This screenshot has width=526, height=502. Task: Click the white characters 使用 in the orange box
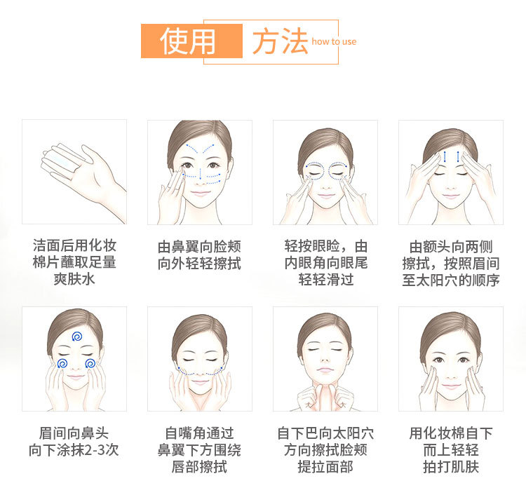(x=188, y=41)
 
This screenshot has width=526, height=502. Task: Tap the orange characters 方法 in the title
(x=280, y=41)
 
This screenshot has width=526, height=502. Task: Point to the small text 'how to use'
(x=334, y=41)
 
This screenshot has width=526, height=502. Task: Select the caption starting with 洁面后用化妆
(x=74, y=262)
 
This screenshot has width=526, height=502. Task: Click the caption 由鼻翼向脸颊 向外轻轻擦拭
(x=200, y=255)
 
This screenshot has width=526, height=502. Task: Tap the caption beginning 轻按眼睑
(x=325, y=263)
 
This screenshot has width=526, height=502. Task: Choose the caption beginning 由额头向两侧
(x=451, y=263)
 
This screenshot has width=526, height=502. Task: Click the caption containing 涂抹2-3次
(x=74, y=441)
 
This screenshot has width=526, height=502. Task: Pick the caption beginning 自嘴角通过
(x=199, y=449)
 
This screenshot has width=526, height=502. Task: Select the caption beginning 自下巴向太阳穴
(x=325, y=449)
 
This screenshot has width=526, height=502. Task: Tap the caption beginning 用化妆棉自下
(x=451, y=449)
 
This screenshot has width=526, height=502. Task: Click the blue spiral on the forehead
(x=77, y=337)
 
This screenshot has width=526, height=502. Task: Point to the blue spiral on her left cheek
(x=90, y=363)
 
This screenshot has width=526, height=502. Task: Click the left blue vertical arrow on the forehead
(x=445, y=156)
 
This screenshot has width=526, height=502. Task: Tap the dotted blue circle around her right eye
(x=314, y=170)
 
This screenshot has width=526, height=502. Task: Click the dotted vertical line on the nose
(x=201, y=174)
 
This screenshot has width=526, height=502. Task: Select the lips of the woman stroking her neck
(x=325, y=370)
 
